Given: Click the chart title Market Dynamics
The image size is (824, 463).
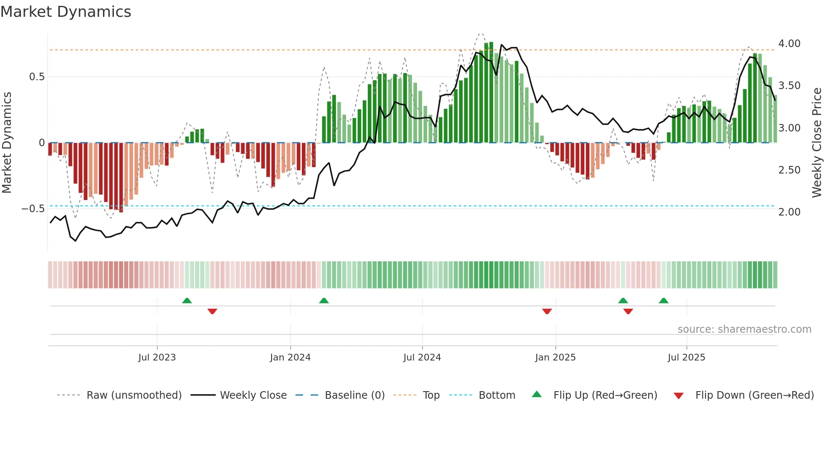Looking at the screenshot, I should (66, 12).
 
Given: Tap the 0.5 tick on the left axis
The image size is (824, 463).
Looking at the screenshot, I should (37, 77).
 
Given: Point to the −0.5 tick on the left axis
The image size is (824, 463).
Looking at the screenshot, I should (33, 209).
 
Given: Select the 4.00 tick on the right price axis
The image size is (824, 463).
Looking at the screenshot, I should (789, 44).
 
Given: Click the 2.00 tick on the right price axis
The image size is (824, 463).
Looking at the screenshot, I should (789, 212).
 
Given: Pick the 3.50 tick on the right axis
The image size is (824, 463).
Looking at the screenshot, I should (789, 86).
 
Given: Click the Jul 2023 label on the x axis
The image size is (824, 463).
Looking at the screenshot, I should (157, 358).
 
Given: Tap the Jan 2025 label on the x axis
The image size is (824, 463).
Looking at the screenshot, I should (555, 358).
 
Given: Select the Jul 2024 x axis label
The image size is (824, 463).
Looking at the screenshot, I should (422, 358).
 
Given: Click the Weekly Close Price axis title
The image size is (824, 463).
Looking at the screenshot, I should (816, 142).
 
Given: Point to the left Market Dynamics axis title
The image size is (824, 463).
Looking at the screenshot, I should (7, 142).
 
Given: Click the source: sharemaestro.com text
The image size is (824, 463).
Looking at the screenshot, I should (744, 329).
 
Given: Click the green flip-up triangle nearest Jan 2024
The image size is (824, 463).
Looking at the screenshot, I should (324, 301).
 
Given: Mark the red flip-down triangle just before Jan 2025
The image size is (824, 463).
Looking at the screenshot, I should (547, 311).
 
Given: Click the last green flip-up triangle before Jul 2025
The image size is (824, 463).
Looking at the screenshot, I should (663, 301).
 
